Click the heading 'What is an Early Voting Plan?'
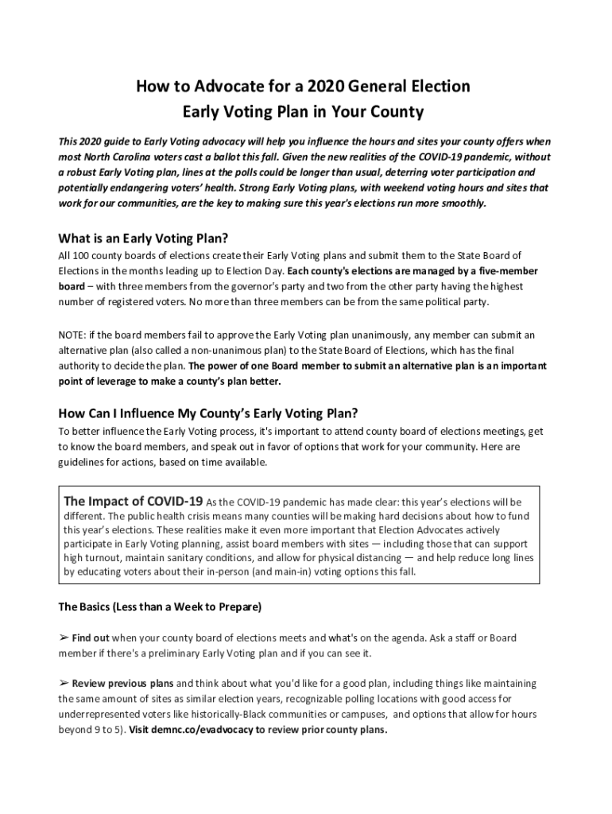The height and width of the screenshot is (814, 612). (x=143, y=238)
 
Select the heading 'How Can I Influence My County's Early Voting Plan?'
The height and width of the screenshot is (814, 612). (x=208, y=413)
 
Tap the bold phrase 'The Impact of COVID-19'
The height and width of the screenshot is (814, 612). (x=133, y=502)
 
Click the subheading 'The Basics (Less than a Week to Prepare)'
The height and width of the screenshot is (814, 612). (x=160, y=607)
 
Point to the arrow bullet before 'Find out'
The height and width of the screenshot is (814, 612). (x=64, y=638)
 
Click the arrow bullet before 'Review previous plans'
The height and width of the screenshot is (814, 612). (x=64, y=684)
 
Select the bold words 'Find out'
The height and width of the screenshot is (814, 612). (x=91, y=638)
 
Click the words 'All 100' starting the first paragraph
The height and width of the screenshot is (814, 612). (x=74, y=255)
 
